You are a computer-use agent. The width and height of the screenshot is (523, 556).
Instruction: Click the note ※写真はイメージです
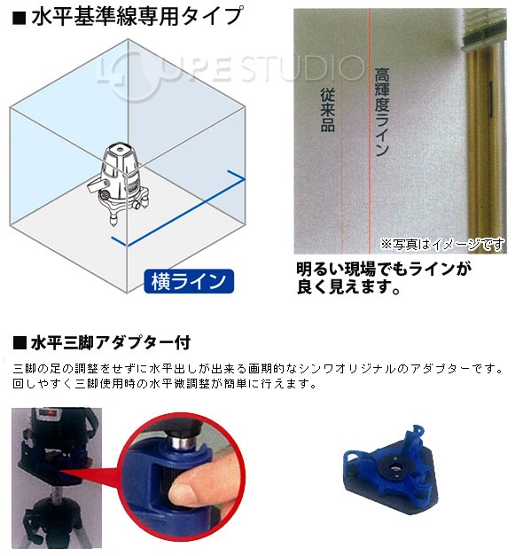pyautogui.click(x=441, y=243)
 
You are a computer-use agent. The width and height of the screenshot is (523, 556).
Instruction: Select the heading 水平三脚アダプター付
pyautogui.click(x=111, y=341)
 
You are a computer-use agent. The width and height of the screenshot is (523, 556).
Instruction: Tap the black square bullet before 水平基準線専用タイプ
pyautogui.click(x=18, y=17)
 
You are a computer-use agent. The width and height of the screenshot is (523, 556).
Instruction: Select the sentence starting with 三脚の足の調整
pyautogui.click(x=257, y=368)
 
